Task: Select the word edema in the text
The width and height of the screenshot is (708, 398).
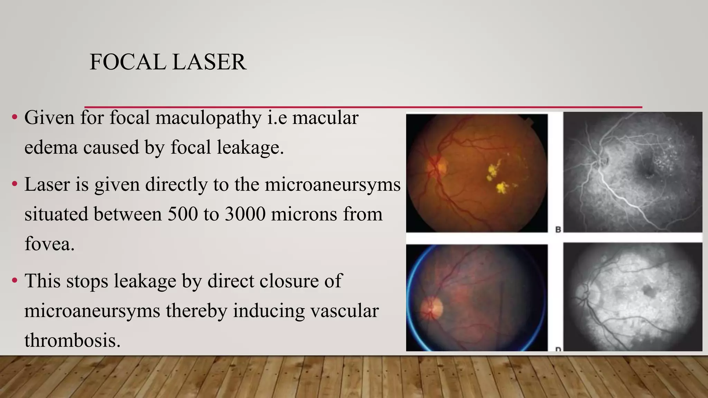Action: [50, 148]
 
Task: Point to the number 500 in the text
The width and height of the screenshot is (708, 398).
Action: [182, 214]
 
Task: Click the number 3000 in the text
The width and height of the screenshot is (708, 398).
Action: [245, 214]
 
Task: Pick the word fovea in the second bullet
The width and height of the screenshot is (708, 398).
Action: [49, 244]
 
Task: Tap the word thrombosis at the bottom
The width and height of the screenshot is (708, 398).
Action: [72, 340]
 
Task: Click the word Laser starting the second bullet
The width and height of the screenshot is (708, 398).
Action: [47, 184]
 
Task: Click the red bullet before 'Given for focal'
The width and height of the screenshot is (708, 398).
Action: [15, 117]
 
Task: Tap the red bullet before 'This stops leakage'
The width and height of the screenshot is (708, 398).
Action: [15, 281]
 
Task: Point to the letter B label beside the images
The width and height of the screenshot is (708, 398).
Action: [558, 229]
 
